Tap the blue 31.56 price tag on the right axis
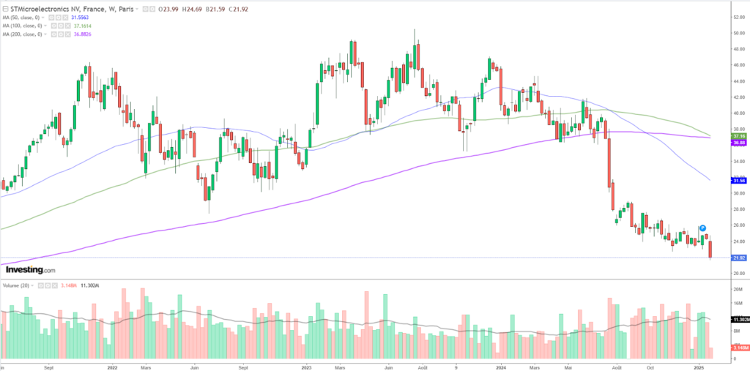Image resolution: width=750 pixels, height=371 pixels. coord(738,180)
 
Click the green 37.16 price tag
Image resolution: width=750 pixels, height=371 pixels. coord(738,136)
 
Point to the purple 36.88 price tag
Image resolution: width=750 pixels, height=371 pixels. coord(738,143)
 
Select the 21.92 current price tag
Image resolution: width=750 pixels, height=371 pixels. coord(738,258)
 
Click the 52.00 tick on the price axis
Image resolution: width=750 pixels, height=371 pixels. coord(738,17)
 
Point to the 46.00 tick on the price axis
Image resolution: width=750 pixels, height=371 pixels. coord(738,65)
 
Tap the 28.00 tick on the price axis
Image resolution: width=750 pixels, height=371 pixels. coord(738,209)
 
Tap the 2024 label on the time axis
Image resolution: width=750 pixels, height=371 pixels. coord(500,364)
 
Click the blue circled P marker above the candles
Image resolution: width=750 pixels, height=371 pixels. coord(702,228)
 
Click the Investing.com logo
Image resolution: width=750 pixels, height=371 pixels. coord(30,270)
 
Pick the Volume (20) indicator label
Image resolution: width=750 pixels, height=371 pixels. coord(18,285)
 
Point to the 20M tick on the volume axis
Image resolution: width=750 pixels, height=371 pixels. coord(738,290)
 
